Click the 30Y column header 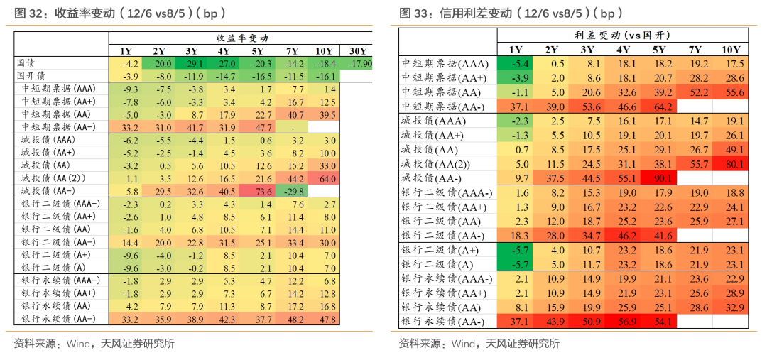pyautogui.click(x=359, y=51)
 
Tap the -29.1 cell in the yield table pyautogui.click(x=192, y=64)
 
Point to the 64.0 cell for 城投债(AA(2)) pyautogui.click(x=327, y=178)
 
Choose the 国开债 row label pyautogui.click(x=31, y=76)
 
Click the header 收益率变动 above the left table pyautogui.click(x=242, y=38)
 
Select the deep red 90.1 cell pyautogui.click(x=659, y=178)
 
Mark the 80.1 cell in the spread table pyautogui.click(x=731, y=164)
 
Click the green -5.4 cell pyautogui.click(x=516, y=64)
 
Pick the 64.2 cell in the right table pyautogui.click(x=659, y=107)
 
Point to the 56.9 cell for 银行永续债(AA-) pyautogui.click(x=623, y=322)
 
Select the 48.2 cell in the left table pyautogui.click(x=293, y=319)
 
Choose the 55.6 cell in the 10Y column pyautogui.click(x=731, y=92)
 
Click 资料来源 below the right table pyautogui.click(x=418, y=344)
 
